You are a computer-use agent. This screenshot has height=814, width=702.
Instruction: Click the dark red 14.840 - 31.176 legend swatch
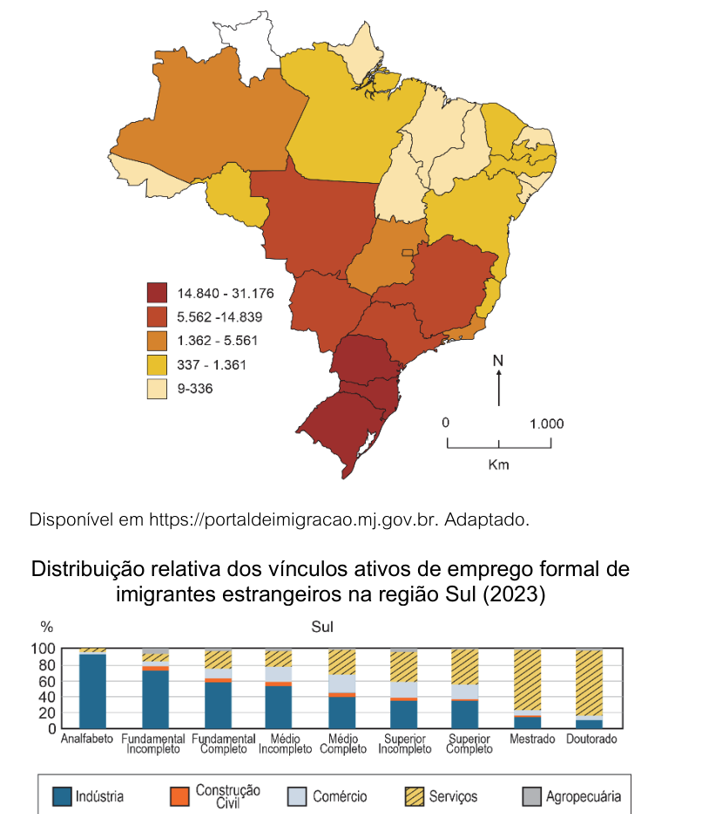pos(157,293)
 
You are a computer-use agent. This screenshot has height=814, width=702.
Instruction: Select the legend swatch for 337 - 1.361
pos(157,365)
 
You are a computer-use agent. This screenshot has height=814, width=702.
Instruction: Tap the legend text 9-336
pos(195,389)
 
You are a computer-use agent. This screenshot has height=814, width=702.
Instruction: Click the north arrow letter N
pos(498,360)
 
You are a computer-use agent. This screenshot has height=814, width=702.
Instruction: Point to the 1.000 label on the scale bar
pos(546,424)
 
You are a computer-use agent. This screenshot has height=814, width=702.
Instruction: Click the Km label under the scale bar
pos(498,465)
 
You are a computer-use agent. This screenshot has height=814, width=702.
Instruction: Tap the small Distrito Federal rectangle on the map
pos(408,253)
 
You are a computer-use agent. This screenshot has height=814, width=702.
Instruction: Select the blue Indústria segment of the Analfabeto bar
pos(93,691)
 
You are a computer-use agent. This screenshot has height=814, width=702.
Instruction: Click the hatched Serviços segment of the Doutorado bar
pos(590,682)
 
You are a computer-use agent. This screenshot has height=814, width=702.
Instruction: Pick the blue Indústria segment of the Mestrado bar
pos(528,722)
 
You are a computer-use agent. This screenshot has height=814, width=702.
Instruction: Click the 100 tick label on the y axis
pos(44,649)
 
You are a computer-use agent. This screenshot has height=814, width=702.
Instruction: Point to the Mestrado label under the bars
pos(532,739)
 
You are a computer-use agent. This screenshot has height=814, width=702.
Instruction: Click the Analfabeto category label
pos(86,739)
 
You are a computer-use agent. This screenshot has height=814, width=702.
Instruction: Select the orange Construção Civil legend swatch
pos(179,797)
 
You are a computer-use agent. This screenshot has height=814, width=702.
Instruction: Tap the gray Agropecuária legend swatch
pos(532,797)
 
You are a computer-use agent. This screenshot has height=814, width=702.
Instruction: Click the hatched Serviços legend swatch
pos(415,797)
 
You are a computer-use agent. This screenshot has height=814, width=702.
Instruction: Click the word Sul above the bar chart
pos(322,627)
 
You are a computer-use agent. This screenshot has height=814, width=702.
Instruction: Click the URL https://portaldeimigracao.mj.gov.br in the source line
pos(294,519)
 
